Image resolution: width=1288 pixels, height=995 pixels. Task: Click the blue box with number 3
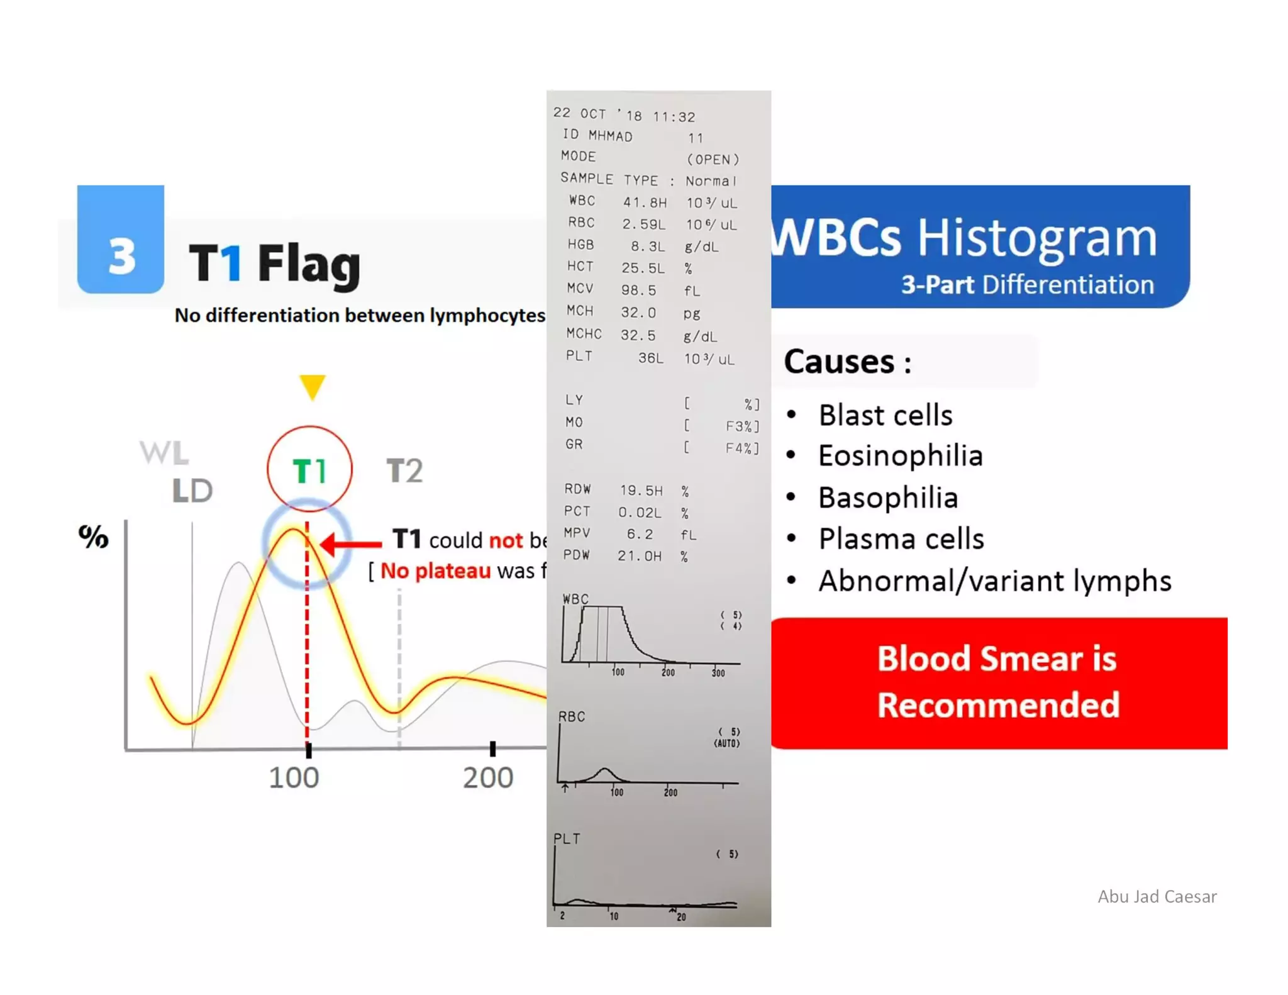pos(120,240)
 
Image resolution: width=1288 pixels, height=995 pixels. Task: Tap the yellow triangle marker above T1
pos(312,386)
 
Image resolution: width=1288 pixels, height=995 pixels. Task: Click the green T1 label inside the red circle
pos(309,470)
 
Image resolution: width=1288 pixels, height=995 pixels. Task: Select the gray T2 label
pos(404,470)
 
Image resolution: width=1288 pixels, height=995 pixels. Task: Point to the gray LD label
pos(192,491)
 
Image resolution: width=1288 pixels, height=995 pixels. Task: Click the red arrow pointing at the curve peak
pos(350,543)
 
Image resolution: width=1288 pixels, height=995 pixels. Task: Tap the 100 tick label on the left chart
pos(294,778)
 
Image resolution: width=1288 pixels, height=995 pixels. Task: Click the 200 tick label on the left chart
pos(488,778)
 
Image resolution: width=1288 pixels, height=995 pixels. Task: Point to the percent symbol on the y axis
pos(93,536)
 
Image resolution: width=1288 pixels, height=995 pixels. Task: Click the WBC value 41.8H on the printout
pos(645,203)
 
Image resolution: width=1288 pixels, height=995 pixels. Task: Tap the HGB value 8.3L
pos(648,247)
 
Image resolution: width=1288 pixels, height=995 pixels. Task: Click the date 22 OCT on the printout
pos(579,113)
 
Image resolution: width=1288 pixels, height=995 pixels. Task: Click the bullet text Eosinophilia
pos(900,456)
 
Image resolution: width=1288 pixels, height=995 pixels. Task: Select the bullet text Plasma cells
pos(901,539)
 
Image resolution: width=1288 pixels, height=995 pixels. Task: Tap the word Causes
pos(839,362)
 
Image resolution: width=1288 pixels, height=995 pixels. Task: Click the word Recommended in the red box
pos(998,704)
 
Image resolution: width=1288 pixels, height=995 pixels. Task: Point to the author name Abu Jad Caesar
pos(1157,896)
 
